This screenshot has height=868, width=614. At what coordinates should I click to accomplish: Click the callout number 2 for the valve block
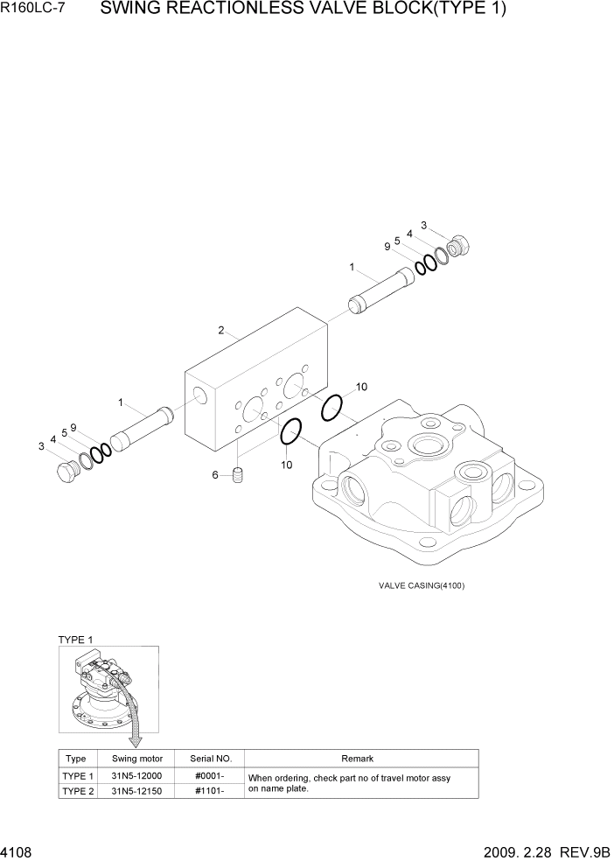pos(221,331)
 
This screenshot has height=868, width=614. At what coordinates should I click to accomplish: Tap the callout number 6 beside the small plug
pos(215,475)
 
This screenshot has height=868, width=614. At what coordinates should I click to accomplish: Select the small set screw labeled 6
pos(240,476)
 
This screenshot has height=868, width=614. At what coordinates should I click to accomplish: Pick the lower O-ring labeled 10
pos(291,430)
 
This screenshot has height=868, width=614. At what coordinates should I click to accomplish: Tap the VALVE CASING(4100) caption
pos(422,585)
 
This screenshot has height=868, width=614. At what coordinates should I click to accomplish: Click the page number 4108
pos(19,851)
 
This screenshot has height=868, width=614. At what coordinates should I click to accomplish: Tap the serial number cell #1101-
pos(210,791)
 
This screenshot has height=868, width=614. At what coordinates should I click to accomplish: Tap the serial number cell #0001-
pos(210,776)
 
